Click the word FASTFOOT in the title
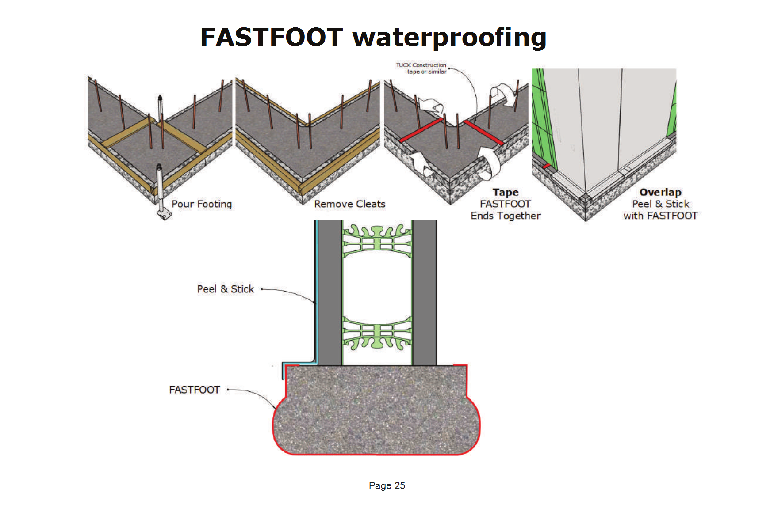click(272, 37)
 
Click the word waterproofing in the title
click(449, 38)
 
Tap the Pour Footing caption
click(202, 204)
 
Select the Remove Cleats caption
click(350, 204)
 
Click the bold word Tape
click(506, 193)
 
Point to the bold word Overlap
click(660, 193)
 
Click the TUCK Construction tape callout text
click(421, 68)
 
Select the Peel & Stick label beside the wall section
click(226, 289)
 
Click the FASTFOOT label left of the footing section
click(195, 390)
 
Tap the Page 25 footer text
click(387, 485)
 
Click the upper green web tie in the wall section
click(377, 241)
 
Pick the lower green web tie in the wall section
click(377, 334)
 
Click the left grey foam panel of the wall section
click(330, 293)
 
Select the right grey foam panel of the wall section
click(425, 293)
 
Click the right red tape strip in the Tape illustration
click(483, 133)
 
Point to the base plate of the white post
click(165, 215)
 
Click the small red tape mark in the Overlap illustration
click(547, 166)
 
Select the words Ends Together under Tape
click(506, 216)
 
